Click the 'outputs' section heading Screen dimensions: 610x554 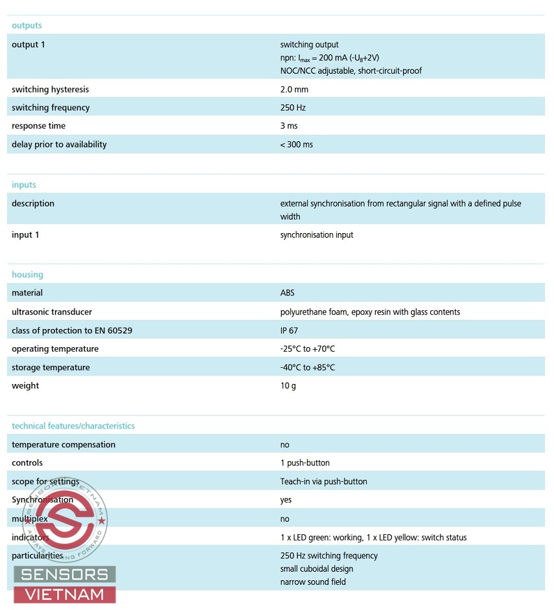(x=27, y=26)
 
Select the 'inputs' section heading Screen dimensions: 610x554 (x=24, y=185)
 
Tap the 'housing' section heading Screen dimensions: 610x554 (x=27, y=275)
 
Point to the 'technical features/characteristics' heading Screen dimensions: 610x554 (x=73, y=426)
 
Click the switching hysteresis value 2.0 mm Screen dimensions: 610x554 (x=294, y=89)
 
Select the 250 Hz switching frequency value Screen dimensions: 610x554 (x=293, y=107)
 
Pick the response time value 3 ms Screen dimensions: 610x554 (x=289, y=126)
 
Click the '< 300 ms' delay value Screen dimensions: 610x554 (x=296, y=144)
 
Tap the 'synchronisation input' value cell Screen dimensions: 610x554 (x=317, y=235)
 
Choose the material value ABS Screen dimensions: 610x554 (x=288, y=293)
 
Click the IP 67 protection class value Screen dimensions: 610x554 (x=289, y=330)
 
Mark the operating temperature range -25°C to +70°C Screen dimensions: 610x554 (x=308, y=349)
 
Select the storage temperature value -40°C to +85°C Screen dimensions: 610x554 (x=308, y=367)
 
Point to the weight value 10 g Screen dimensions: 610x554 (x=288, y=386)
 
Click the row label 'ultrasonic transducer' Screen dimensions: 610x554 (x=52, y=312)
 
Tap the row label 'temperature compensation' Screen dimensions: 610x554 (x=63, y=445)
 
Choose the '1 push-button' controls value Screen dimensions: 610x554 (x=305, y=463)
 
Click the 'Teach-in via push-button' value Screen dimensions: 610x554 (x=323, y=482)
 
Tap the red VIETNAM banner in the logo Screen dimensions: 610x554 (x=65, y=594)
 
